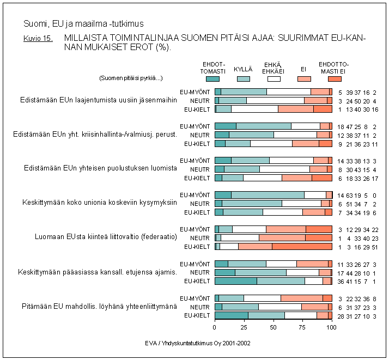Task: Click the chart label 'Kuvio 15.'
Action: point(38,39)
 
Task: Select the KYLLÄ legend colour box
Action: point(244,79)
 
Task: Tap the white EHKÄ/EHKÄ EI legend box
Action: point(274,79)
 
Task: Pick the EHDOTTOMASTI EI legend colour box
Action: point(335,79)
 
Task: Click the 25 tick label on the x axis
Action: point(244,328)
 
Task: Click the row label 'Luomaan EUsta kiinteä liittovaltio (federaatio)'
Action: point(106,237)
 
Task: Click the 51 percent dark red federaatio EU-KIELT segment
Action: point(302,246)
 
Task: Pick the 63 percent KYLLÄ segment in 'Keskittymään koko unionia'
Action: point(268,194)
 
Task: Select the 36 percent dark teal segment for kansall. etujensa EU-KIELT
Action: point(236,281)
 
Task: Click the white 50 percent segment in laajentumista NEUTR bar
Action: point(275,100)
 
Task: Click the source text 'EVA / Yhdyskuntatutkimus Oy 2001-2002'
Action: point(198,344)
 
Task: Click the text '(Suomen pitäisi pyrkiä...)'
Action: point(131,78)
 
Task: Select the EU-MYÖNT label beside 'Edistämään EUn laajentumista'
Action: point(195,92)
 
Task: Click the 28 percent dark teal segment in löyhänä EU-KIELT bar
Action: point(232,315)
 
